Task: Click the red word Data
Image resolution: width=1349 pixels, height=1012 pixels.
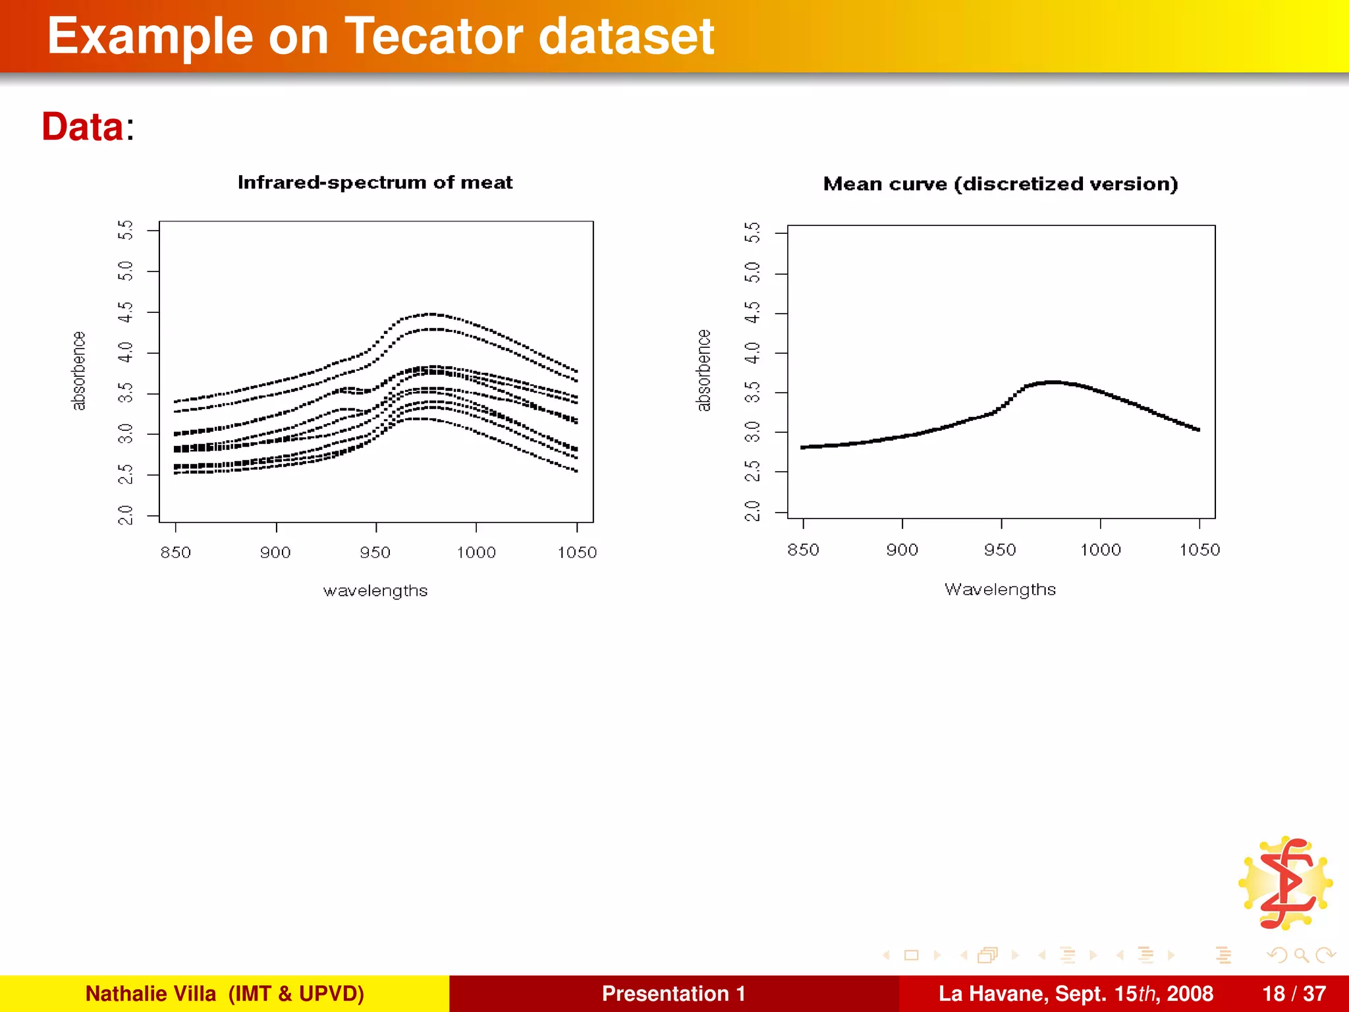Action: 82,126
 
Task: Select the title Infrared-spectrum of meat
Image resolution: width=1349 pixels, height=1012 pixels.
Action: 375,183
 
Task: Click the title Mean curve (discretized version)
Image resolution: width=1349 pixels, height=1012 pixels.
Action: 1000,184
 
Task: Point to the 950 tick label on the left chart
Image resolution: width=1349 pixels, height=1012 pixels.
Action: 375,553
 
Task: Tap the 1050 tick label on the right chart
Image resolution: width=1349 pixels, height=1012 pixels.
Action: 1199,550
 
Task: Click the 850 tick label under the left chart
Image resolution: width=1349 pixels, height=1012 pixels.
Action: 175,553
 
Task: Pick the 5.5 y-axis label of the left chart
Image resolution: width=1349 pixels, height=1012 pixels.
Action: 125,231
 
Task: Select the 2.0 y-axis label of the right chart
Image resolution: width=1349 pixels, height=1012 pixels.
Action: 752,511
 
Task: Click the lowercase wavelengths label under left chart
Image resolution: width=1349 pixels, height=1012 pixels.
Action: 375,591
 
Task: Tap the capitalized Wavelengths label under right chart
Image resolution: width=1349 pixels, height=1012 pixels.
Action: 1000,590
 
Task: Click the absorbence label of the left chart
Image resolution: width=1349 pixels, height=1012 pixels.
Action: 78,370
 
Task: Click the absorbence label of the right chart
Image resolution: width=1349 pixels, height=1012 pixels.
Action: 703,370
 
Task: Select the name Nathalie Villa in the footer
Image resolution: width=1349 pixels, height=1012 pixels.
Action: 150,994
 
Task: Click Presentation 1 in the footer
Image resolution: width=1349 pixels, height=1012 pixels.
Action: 673,994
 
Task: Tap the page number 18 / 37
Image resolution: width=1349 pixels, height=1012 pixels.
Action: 1294,994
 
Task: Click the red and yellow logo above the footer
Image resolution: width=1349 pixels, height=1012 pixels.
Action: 1285,884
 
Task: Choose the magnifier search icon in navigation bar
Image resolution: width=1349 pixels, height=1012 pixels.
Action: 1301,955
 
